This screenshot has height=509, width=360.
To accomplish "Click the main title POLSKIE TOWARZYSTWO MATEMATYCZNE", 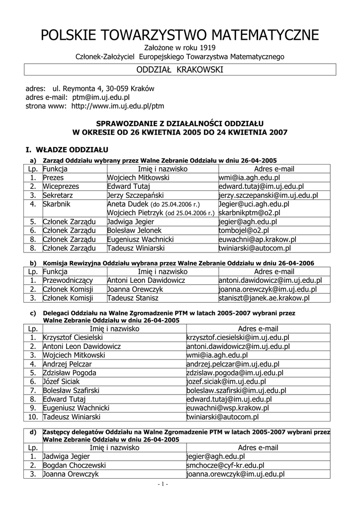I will (180, 35).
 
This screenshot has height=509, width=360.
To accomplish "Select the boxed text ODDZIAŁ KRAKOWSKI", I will (180, 70).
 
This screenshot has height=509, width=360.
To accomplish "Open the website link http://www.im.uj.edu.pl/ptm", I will (118, 106).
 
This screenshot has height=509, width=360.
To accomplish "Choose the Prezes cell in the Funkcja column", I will (54, 177).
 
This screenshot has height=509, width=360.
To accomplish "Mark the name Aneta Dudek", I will (128, 204).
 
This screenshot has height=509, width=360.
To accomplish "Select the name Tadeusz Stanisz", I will (133, 298).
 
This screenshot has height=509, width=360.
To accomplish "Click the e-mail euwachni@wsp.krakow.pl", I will (227, 408).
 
